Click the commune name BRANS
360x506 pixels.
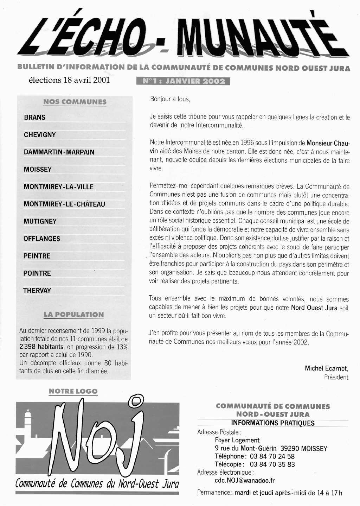tap(35, 118)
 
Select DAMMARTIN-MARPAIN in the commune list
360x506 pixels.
tap(59, 152)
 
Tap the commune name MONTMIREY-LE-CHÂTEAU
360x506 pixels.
tap(64, 204)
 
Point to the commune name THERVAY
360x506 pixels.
tap(37, 291)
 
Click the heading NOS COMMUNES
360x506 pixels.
tap(75, 102)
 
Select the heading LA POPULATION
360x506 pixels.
tap(74, 315)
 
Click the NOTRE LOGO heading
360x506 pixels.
tap(73, 391)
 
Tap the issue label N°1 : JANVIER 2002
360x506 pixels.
tap(183, 81)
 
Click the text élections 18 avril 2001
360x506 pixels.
tap(69, 80)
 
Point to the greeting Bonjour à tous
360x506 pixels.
tap(170, 99)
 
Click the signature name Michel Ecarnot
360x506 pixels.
tap(326, 368)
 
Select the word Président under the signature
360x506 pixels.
tap(336, 377)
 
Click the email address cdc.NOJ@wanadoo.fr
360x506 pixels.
tap(245, 480)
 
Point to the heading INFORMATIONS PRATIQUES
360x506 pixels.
tap(272, 423)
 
